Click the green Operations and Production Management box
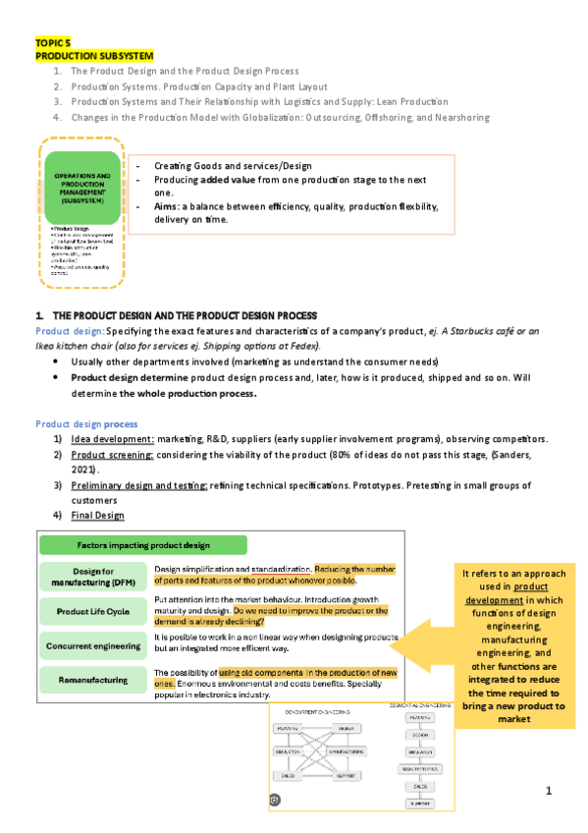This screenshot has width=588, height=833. click(x=82, y=186)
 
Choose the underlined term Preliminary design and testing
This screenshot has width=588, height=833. click(x=138, y=485)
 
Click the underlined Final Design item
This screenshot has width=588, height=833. click(x=97, y=516)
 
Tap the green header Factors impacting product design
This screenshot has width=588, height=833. click(x=142, y=545)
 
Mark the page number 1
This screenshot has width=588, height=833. click(x=551, y=791)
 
